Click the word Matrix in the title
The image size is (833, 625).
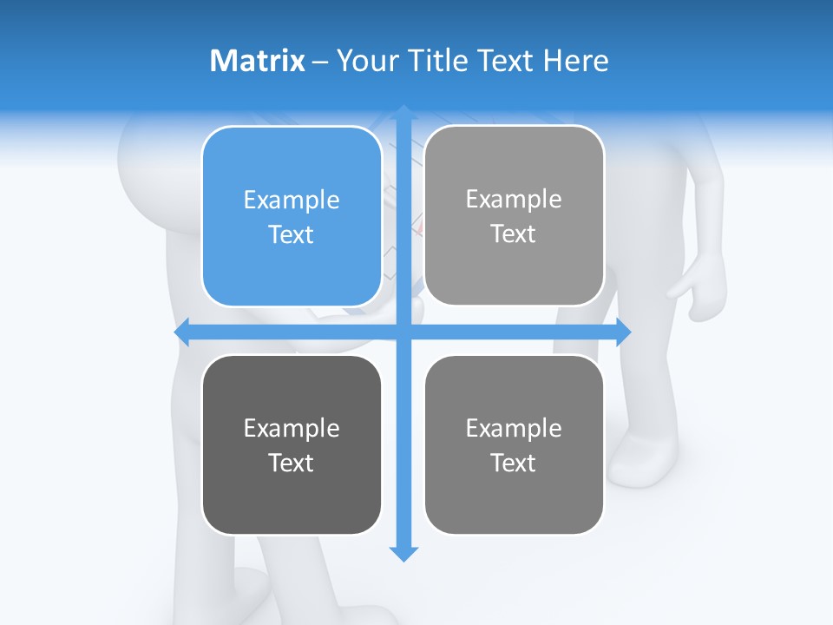click(x=258, y=61)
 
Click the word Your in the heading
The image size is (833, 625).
click(x=366, y=61)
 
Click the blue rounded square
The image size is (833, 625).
click(x=292, y=216)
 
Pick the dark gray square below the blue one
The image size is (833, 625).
click(x=292, y=444)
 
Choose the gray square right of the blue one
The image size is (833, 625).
click(x=514, y=215)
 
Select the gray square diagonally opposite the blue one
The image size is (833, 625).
click(x=514, y=444)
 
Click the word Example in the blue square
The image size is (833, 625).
click(x=292, y=200)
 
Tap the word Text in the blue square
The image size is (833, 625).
click(x=292, y=234)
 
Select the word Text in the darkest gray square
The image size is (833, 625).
click(x=292, y=463)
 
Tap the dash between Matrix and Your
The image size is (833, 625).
click(x=320, y=61)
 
